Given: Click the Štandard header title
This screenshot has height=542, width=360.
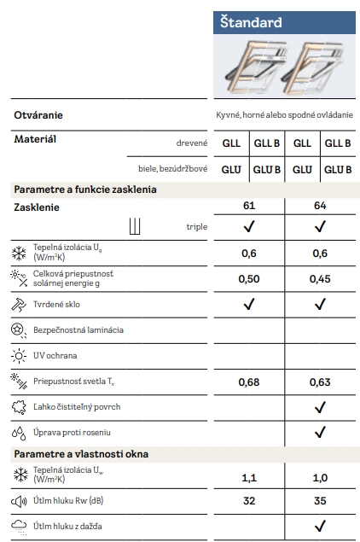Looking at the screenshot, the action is tap(250, 22).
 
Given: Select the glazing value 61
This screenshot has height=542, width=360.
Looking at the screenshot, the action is tap(249, 207).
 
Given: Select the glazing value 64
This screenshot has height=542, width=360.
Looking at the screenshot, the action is tap(321, 207).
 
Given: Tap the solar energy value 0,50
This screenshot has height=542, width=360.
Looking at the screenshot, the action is tap(249, 278).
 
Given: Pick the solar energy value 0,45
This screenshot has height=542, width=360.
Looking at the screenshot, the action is tap(321, 278).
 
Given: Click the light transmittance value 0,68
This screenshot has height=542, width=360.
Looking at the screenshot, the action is tap(249, 382).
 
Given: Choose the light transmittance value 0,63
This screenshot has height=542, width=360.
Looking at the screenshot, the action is tap(321, 382).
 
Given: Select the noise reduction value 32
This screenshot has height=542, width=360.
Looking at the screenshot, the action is tap(249, 501).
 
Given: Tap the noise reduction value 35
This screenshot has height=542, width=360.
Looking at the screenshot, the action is tap(321, 501).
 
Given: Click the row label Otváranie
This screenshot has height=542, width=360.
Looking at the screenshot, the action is tap(38, 114).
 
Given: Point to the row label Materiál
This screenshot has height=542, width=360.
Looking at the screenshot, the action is tap(35, 138).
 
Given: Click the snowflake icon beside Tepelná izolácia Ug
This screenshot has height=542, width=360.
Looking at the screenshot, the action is tap(19, 253).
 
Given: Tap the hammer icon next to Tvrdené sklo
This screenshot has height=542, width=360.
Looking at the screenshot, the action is tap(19, 304).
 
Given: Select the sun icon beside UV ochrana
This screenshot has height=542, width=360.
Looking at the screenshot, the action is tap(19, 353).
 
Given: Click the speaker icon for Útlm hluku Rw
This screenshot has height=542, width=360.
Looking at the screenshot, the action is tap(19, 501).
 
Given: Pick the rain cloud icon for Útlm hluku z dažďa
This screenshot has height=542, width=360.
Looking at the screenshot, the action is tap(19, 526).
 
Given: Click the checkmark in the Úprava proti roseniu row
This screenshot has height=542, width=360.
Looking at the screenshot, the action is tap(321, 433).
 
